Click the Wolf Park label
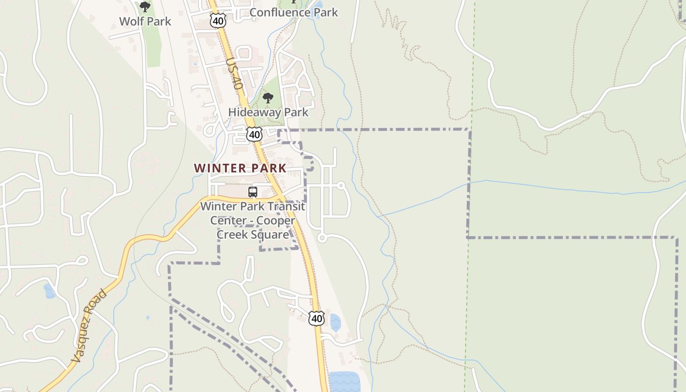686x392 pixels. pyautogui.click(x=145, y=22)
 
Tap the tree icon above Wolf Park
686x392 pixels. pyautogui.click(x=145, y=7)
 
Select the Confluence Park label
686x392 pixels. pyautogui.click(x=294, y=12)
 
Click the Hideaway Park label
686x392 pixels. pyautogui.click(x=268, y=112)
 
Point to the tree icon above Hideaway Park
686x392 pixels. pyautogui.click(x=268, y=98)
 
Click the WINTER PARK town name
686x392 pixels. pyautogui.click(x=240, y=168)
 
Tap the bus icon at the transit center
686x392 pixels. pyautogui.click(x=253, y=192)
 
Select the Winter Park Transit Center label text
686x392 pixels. pyautogui.click(x=252, y=207)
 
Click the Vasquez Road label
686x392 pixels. pyautogui.click(x=89, y=326)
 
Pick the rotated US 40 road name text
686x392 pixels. pyautogui.click(x=235, y=73)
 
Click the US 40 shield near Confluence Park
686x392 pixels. pyautogui.click(x=218, y=21)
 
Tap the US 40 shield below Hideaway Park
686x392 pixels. pyautogui.click(x=254, y=134)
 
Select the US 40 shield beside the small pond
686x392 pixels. pyautogui.click(x=317, y=318)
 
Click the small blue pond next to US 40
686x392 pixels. pyautogui.click(x=335, y=322)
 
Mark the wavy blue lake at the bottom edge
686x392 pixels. pyautogui.click(x=344, y=382)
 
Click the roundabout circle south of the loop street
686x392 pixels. pyautogui.click(x=322, y=238)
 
